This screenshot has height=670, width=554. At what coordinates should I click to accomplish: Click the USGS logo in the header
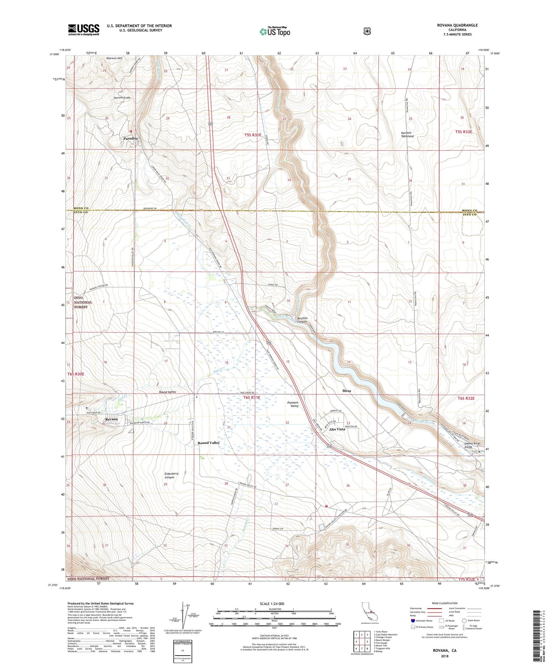83,30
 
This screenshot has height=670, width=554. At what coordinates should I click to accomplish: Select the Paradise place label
130,138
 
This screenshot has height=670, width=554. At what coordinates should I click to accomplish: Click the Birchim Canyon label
302,320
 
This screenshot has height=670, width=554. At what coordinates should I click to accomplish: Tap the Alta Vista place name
337,429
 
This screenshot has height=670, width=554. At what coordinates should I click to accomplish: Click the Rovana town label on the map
111,419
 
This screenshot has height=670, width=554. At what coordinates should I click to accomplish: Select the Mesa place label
346,391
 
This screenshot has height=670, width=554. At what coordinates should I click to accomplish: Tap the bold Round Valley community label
208,443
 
